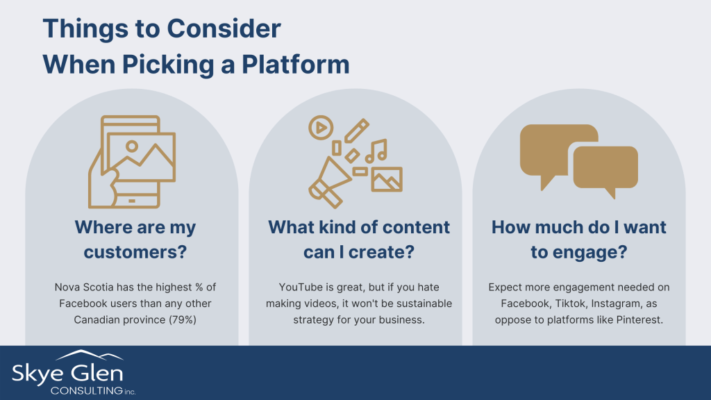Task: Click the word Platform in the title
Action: click(x=295, y=64)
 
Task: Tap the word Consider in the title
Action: click(x=224, y=28)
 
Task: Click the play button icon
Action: click(x=321, y=128)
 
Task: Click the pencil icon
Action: click(x=356, y=131)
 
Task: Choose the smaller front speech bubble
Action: click(x=605, y=169)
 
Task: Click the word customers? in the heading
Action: click(x=135, y=252)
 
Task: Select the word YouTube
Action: click(x=300, y=287)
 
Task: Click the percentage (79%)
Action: click(x=183, y=319)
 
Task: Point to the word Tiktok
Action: click(x=569, y=303)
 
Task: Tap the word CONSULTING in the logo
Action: click(x=87, y=390)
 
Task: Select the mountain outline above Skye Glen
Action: click(x=90, y=355)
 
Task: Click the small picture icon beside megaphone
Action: click(x=386, y=180)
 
